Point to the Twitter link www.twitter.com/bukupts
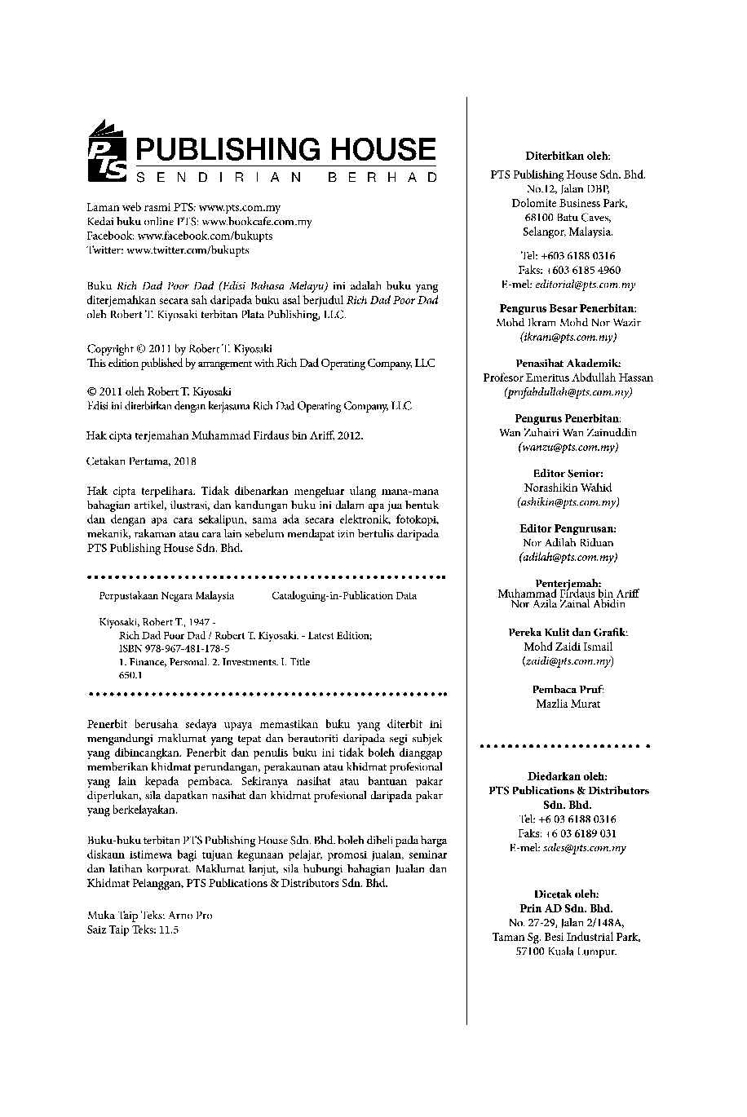[188, 250]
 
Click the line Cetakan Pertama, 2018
[141, 461]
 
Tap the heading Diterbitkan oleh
[568, 156]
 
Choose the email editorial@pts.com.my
[584, 285]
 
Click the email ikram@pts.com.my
[568, 337]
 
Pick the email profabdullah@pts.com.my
[568, 392]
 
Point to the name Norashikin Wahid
[568, 488]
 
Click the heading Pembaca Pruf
[568, 689]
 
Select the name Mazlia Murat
[568, 704]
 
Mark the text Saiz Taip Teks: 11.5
[132, 929]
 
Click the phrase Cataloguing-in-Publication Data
[344, 596]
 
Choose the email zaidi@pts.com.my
[568, 661]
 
